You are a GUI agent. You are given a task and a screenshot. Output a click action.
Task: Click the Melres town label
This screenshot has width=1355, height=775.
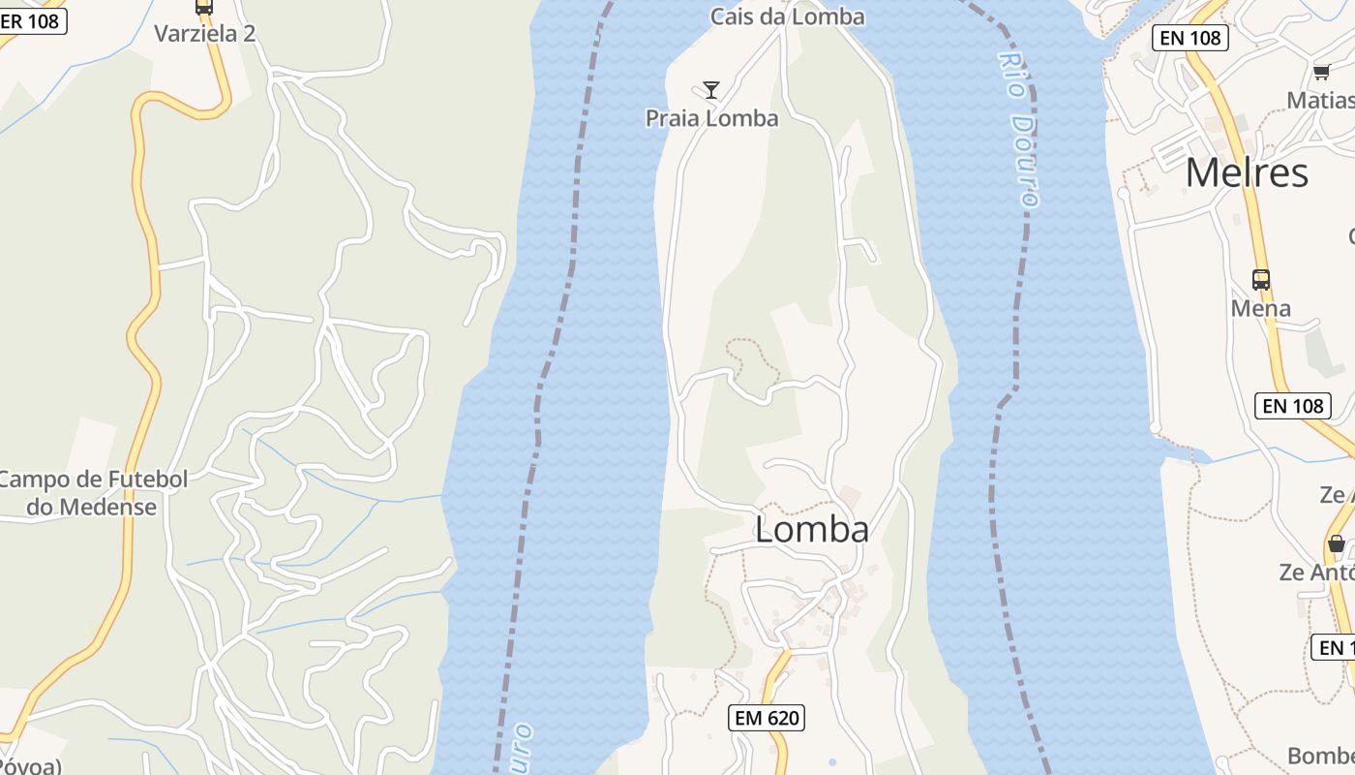[1247, 173]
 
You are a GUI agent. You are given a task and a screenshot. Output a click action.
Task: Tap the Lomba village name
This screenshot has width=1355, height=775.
[811, 530]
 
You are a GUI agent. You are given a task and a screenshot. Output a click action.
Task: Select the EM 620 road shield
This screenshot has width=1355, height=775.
[767, 718]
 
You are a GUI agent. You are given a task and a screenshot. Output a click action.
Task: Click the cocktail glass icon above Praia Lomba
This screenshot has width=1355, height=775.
[711, 90]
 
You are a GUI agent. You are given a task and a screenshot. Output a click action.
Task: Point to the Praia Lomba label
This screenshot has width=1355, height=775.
[711, 118]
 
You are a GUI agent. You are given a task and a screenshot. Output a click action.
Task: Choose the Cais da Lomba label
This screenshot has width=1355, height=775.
[787, 16]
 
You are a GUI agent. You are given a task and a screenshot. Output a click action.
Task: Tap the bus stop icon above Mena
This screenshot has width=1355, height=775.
[1260, 280]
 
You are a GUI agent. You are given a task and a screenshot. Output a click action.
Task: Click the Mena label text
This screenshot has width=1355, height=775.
[1260, 308]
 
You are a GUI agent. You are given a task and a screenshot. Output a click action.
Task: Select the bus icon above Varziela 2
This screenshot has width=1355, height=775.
[203, 7]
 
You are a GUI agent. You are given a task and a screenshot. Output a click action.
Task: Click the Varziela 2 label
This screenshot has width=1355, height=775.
[204, 34]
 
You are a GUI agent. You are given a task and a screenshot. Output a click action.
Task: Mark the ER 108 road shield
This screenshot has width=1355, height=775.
[31, 20]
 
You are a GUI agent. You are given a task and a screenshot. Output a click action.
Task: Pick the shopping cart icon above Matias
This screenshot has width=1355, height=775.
[1321, 72]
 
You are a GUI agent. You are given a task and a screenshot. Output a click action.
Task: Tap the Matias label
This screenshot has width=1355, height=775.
[1320, 100]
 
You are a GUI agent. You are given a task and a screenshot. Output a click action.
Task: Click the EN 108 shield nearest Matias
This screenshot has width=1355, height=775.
[1189, 38]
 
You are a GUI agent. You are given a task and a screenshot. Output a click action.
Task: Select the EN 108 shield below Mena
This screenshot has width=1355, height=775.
[1293, 405]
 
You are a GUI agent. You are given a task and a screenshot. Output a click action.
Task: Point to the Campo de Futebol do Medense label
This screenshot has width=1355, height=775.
[92, 493]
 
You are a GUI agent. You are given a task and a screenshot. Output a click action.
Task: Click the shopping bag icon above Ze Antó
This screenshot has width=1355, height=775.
[1336, 543]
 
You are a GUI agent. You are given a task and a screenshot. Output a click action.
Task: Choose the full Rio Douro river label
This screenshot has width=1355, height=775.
[1019, 128]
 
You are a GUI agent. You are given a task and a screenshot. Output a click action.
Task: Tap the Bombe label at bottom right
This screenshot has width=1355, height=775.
[1320, 756]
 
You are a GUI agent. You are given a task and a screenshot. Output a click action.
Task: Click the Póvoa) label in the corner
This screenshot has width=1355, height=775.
[29, 766]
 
